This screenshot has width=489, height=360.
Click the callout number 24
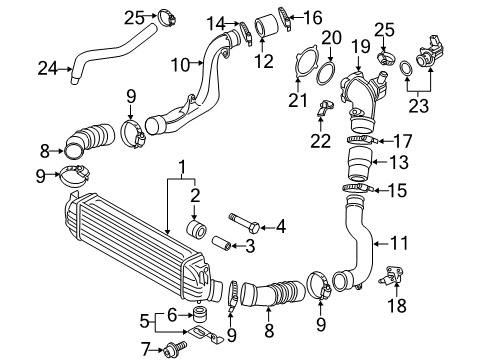(49, 69)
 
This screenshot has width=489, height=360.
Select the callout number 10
(181, 64)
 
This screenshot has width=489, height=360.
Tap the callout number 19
(360, 46)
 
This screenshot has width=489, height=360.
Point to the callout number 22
(321, 140)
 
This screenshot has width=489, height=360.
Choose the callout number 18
(397, 305)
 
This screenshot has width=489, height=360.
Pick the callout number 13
(398, 162)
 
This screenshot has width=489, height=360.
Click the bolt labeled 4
(244, 223)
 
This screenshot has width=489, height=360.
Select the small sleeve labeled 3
(221, 243)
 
